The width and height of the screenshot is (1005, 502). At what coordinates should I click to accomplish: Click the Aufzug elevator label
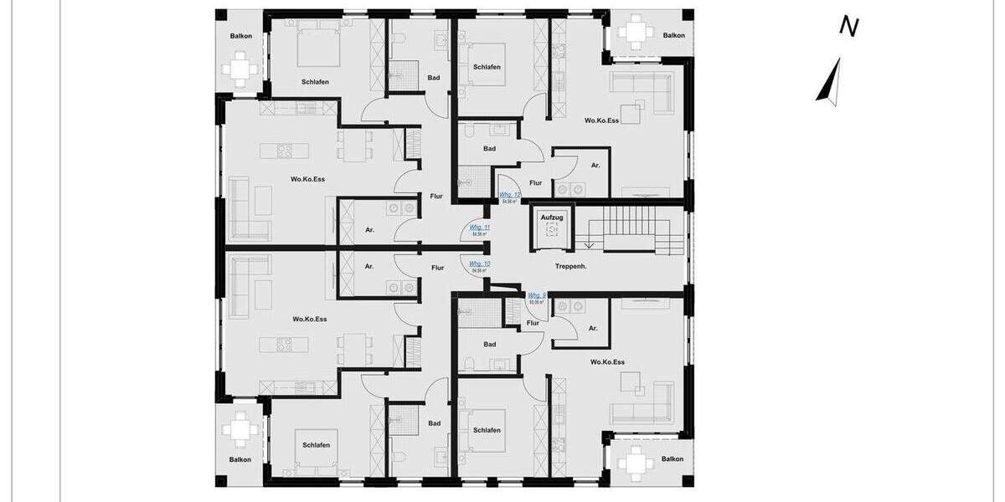pos(551,218)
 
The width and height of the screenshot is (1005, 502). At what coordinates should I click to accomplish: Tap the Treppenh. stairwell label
pos(570,267)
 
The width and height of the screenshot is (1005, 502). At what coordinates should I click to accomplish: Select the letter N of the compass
pos(849,27)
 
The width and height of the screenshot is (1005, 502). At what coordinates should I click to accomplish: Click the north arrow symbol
pos(829,81)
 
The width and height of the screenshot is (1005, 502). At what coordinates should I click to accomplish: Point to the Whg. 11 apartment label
pos(480,228)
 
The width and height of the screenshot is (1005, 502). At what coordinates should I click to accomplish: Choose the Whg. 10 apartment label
pos(480,264)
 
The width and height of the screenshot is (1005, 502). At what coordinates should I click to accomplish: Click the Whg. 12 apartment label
pos(510,195)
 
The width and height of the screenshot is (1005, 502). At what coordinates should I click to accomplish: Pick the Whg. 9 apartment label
pos(537,295)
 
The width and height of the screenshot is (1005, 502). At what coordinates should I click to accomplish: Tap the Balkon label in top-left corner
pos(241,36)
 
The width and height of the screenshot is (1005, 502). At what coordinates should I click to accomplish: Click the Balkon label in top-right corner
pos(673,35)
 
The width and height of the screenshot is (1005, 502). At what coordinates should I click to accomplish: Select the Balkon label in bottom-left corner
pos(241,459)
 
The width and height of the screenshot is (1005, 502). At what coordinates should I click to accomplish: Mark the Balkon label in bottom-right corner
pos(673,458)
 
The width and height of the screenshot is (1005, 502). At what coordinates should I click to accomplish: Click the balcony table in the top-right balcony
pos(633,33)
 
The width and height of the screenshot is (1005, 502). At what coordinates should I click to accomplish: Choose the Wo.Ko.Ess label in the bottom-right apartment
pos(607,362)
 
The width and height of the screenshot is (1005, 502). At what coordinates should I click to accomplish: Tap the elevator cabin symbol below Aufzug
pos(551,234)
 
